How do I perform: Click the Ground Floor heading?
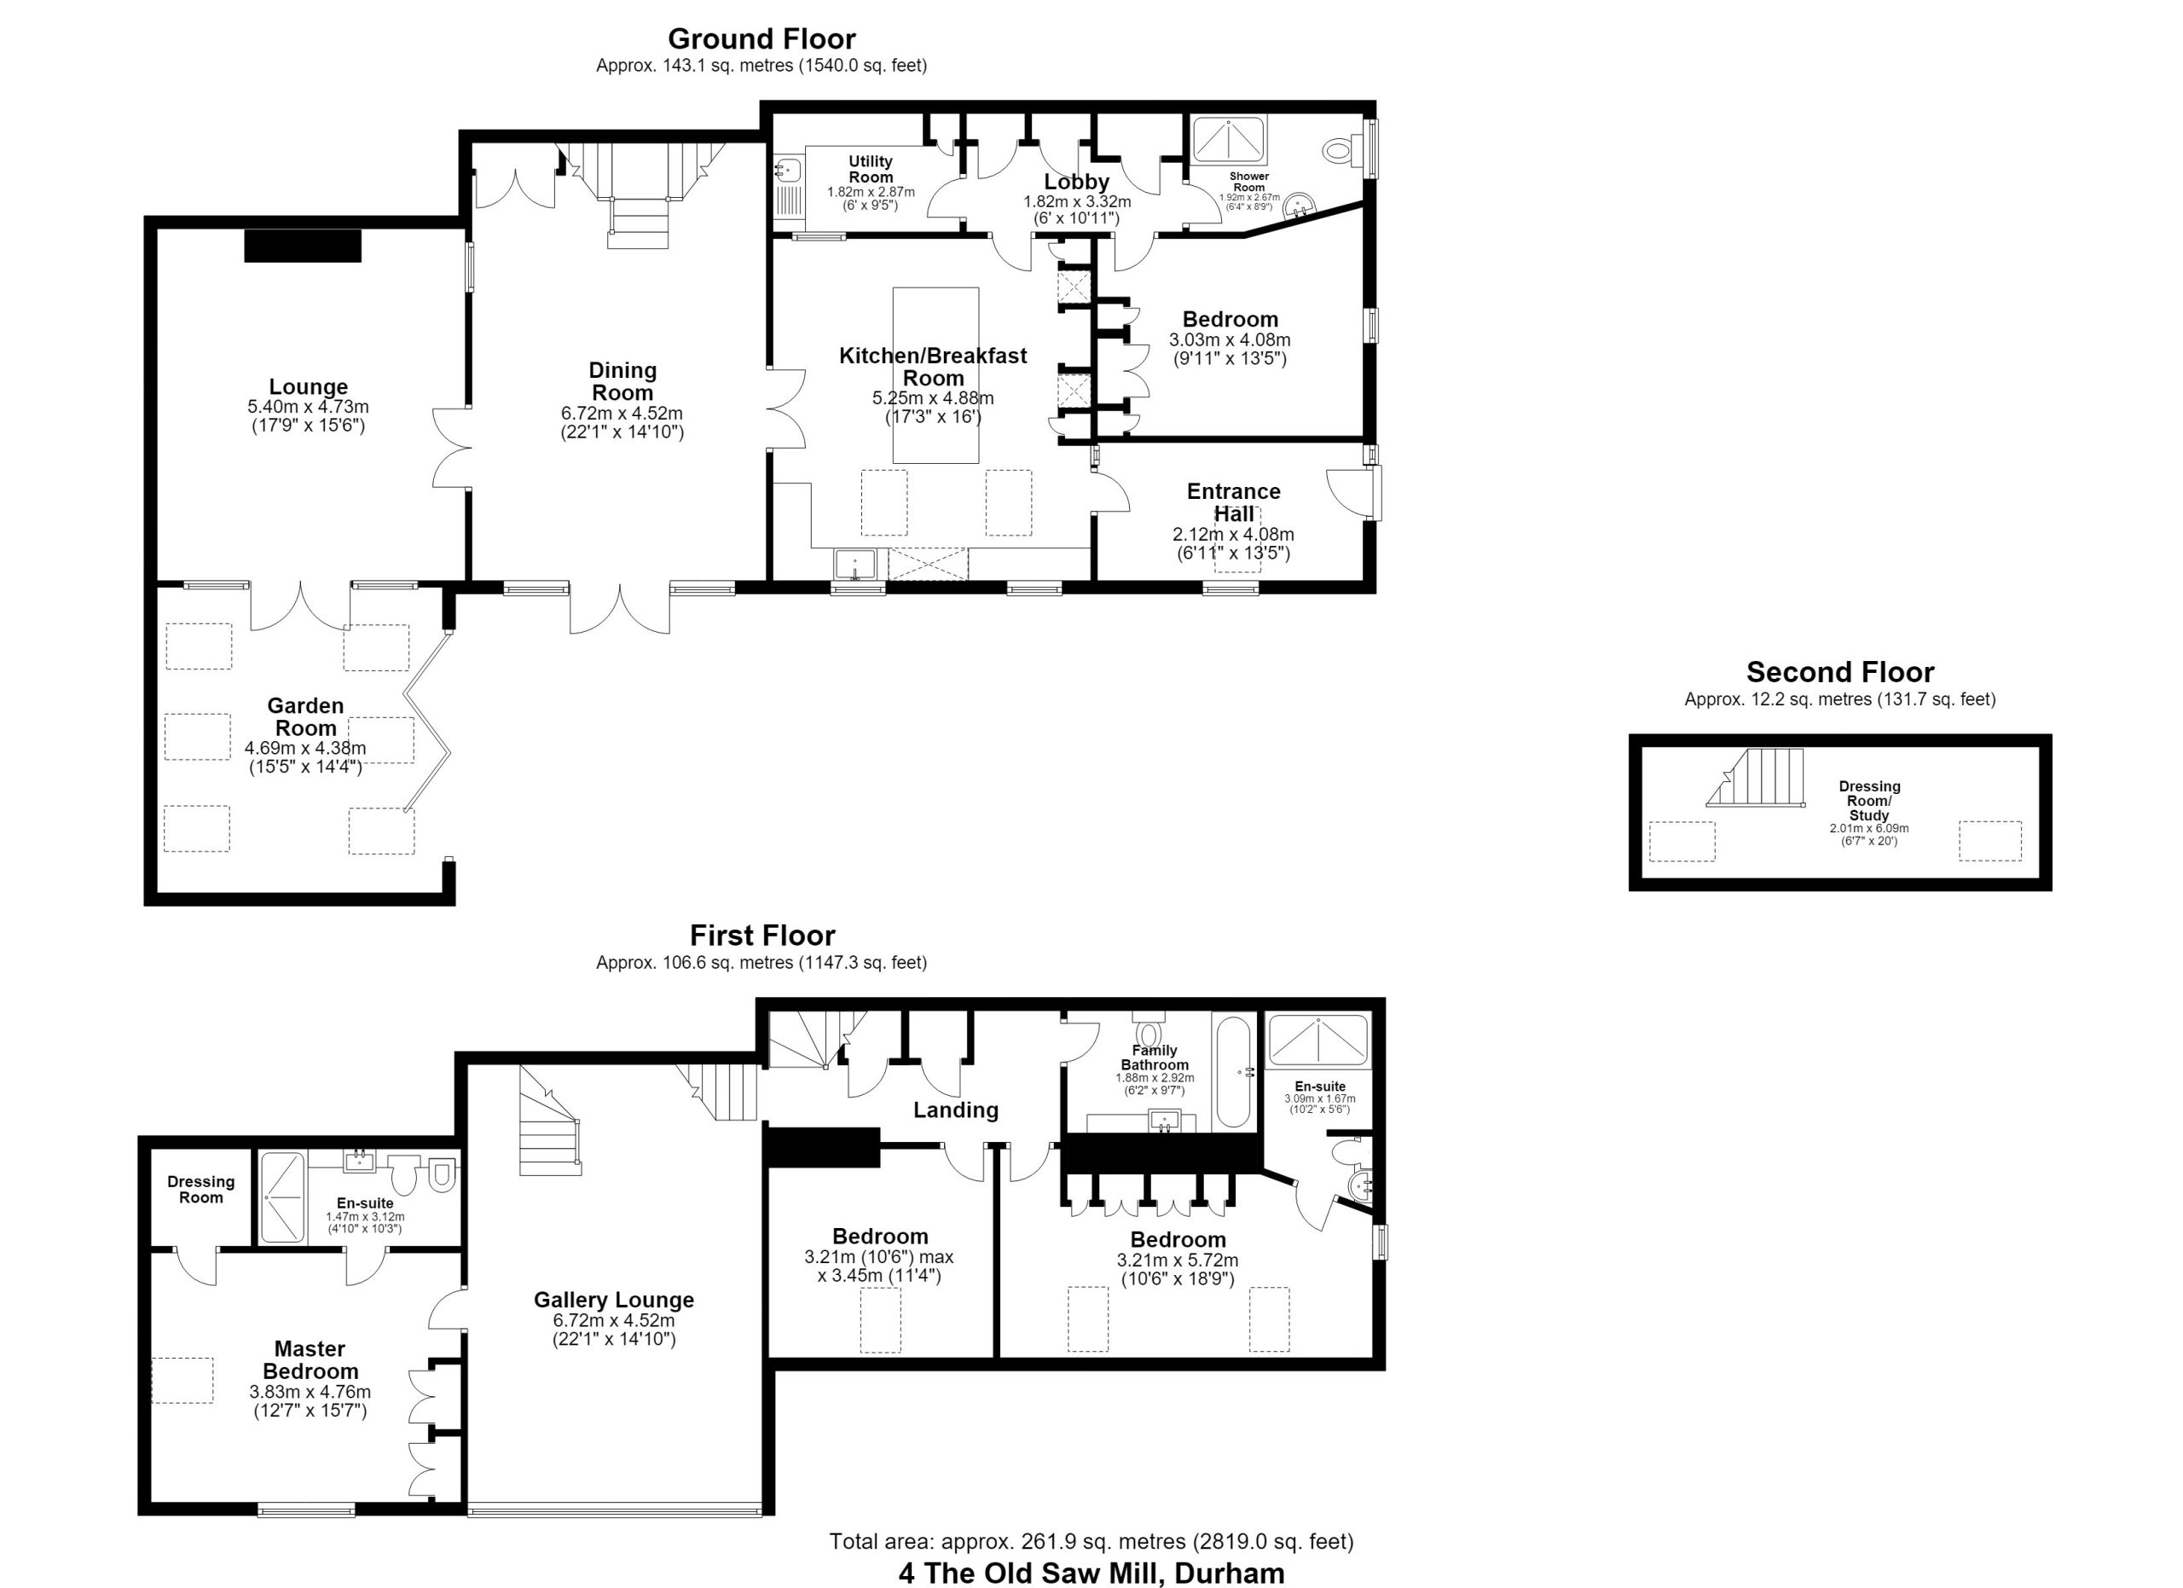(761, 38)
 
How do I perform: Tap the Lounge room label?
(308, 387)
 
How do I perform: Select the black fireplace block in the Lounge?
(302, 246)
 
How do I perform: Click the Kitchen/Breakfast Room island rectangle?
(935, 375)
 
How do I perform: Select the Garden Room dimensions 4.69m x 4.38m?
(305, 748)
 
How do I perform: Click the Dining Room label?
(622, 381)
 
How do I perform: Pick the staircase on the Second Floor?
(1755, 777)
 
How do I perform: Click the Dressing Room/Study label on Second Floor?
(1869, 801)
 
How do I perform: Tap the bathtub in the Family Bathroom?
(1233, 1072)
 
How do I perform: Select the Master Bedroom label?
(310, 1360)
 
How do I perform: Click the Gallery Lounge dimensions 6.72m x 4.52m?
(614, 1320)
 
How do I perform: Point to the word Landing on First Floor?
(956, 1110)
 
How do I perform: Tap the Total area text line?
(1091, 1541)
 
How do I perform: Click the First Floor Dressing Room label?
(200, 1189)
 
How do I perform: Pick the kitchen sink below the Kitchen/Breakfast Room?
(854, 564)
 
